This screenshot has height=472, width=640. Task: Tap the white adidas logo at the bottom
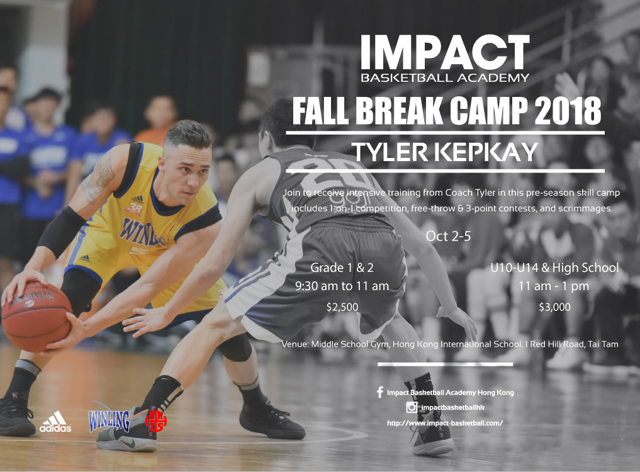coord(55,422)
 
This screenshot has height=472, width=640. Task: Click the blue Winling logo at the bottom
coord(109,420)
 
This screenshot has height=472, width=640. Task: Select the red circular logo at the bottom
coord(156,420)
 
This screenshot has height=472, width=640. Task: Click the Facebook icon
coord(380,392)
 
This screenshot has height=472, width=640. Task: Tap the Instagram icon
coord(412,407)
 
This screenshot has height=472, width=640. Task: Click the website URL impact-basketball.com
coord(445,423)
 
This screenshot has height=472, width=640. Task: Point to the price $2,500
coord(342,307)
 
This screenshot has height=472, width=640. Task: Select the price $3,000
coord(554,307)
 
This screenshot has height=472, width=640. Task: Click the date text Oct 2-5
coord(448,236)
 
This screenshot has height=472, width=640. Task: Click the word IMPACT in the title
coord(445,52)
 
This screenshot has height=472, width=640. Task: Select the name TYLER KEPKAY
coord(445,152)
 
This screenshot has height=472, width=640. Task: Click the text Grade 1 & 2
coord(342,267)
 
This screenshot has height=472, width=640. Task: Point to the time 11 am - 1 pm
coord(554,286)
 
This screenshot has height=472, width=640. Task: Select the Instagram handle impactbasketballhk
coord(452,407)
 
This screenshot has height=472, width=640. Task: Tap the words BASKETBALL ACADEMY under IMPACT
coord(445,77)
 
